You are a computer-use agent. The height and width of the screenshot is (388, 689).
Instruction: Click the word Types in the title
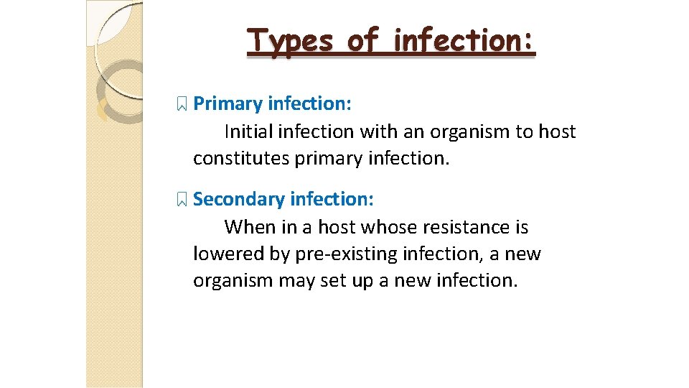[x=290, y=41]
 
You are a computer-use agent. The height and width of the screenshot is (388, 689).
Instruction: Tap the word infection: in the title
[x=464, y=41]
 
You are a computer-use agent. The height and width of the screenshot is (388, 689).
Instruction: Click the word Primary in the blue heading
[x=228, y=104]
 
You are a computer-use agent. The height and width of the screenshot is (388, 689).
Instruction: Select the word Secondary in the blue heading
[x=238, y=199]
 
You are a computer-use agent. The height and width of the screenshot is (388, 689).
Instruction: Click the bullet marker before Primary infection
[x=182, y=105]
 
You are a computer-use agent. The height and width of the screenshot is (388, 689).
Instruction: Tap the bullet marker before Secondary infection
[x=182, y=200]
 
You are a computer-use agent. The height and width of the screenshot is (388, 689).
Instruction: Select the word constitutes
[x=241, y=159]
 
